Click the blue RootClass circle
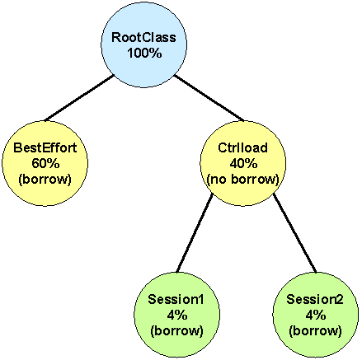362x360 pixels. pyautogui.click(x=144, y=45)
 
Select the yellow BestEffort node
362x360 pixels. pyautogui.click(x=45, y=163)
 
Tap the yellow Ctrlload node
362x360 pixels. pyautogui.click(x=243, y=163)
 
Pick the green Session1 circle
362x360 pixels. pyautogui.click(x=177, y=315)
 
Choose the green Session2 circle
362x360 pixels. pyautogui.click(x=316, y=315)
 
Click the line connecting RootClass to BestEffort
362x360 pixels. pyautogui.click(x=79, y=98)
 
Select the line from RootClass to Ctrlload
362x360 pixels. pyautogui.click(x=209, y=98)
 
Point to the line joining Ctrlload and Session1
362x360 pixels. pyautogui.click(x=195, y=233)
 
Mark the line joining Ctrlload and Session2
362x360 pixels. pyautogui.click(x=294, y=233)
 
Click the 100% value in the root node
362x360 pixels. pyautogui.click(x=144, y=53)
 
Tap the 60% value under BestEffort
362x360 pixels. pyautogui.click(x=45, y=163)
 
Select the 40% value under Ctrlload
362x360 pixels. pyautogui.click(x=243, y=163)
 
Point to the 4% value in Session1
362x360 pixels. pyautogui.click(x=177, y=315)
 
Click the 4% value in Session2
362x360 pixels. pyautogui.click(x=316, y=315)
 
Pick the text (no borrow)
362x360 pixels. pyautogui.click(x=243, y=180)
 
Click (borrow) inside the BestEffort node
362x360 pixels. pyautogui.click(x=45, y=180)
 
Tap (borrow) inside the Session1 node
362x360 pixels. pyautogui.click(x=177, y=331)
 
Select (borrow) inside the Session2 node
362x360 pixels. pyautogui.click(x=316, y=331)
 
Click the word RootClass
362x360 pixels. pyautogui.click(x=143, y=37)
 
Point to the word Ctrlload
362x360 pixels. pyautogui.click(x=242, y=147)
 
